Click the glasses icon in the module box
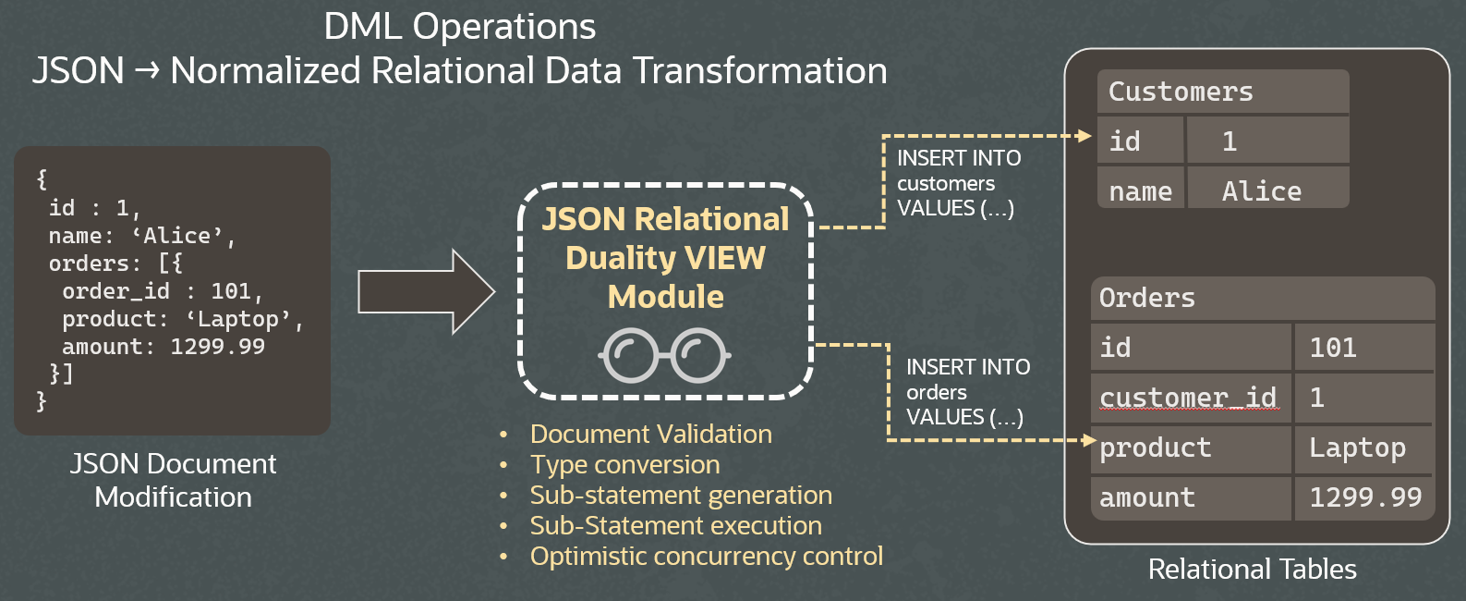point(665,355)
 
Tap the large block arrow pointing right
point(426,291)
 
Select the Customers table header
point(1222,92)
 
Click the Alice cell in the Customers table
point(1266,190)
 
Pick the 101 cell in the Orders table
point(1363,348)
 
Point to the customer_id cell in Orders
point(1190,398)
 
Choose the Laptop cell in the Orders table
point(1363,448)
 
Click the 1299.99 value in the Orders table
point(1364,497)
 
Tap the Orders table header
point(1261,298)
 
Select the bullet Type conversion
point(624,464)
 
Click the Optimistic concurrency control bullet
point(706,556)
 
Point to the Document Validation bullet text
point(650,434)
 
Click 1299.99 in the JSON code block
point(217,347)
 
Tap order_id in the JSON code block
point(115,291)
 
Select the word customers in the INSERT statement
point(945,183)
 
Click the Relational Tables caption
point(1252,569)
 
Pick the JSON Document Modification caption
point(173,480)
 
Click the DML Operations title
point(459,26)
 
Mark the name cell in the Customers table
point(1140,190)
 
